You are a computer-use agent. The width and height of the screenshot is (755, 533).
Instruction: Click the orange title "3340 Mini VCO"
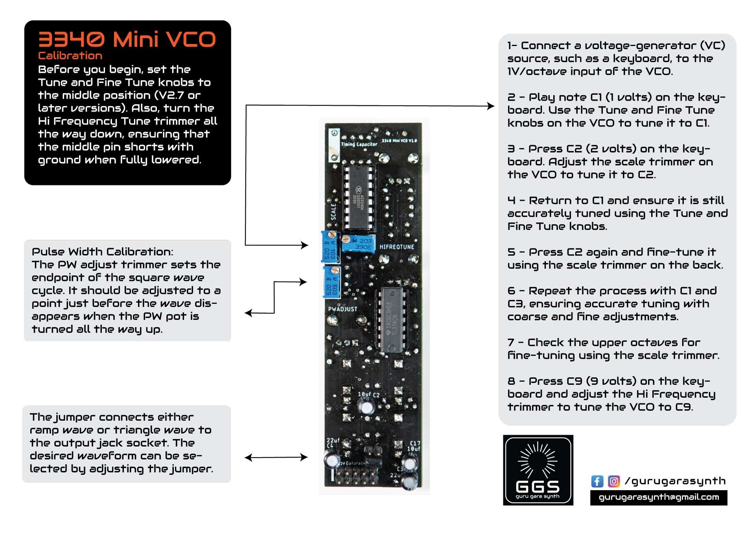tap(127, 40)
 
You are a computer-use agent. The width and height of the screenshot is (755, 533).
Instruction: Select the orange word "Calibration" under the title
tap(70, 56)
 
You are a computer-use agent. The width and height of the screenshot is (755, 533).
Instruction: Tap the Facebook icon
tap(597, 481)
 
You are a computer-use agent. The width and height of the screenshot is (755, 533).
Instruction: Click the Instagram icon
tap(613, 481)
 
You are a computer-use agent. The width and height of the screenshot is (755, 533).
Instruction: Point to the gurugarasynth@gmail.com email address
tap(658, 497)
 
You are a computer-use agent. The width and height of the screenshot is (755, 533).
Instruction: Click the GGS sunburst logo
tap(538, 470)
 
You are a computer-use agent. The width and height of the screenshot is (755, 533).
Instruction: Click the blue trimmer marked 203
tap(358, 244)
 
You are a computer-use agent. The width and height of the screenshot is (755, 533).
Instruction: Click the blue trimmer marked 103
tap(330, 247)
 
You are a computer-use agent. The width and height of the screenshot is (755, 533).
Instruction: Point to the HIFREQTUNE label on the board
tap(396, 247)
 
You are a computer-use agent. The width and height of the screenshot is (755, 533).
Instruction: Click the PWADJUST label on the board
tap(343, 309)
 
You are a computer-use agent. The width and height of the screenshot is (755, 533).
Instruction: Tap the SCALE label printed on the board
tap(333, 212)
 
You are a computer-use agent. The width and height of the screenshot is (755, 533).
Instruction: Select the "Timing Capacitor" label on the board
tap(359, 145)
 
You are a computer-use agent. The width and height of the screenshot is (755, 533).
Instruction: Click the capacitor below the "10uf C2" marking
tap(366, 407)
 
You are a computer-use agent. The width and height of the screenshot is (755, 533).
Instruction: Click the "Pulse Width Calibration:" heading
tap(102, 252)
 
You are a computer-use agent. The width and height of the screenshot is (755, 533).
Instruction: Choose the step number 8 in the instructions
tap(511, 381)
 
